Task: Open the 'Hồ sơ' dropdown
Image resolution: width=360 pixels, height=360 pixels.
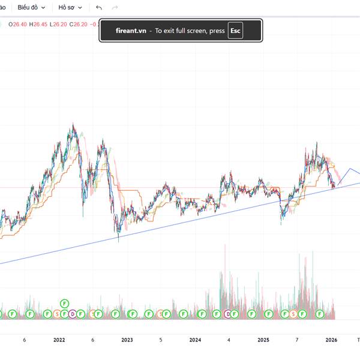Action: click(70, 8)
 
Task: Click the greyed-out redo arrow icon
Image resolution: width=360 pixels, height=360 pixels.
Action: click(115, 8)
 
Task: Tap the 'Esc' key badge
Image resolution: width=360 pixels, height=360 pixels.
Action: click(236, 31)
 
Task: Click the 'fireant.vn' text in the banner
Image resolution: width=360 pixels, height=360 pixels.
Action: click(131, 31)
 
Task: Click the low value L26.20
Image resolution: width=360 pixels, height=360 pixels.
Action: click(58, 24)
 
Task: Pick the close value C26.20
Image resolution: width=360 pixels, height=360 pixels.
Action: click(78, 24)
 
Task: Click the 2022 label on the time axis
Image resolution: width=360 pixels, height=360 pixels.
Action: click(59, 340)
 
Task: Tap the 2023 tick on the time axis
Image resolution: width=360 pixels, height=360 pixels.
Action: click(127, 340)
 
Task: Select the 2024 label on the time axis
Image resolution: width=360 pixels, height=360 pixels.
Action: click(195, 340)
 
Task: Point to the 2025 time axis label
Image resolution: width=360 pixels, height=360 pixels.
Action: click(263, 340)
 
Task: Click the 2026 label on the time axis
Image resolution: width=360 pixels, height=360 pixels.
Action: click(331, 340)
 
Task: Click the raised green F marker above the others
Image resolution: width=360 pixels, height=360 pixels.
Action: click(64, 304)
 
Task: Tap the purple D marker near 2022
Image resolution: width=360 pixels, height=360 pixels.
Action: click(72, 314)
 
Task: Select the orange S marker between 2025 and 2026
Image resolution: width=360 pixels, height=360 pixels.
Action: click(293, 314)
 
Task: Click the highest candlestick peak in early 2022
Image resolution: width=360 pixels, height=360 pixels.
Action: click(73, 125)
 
